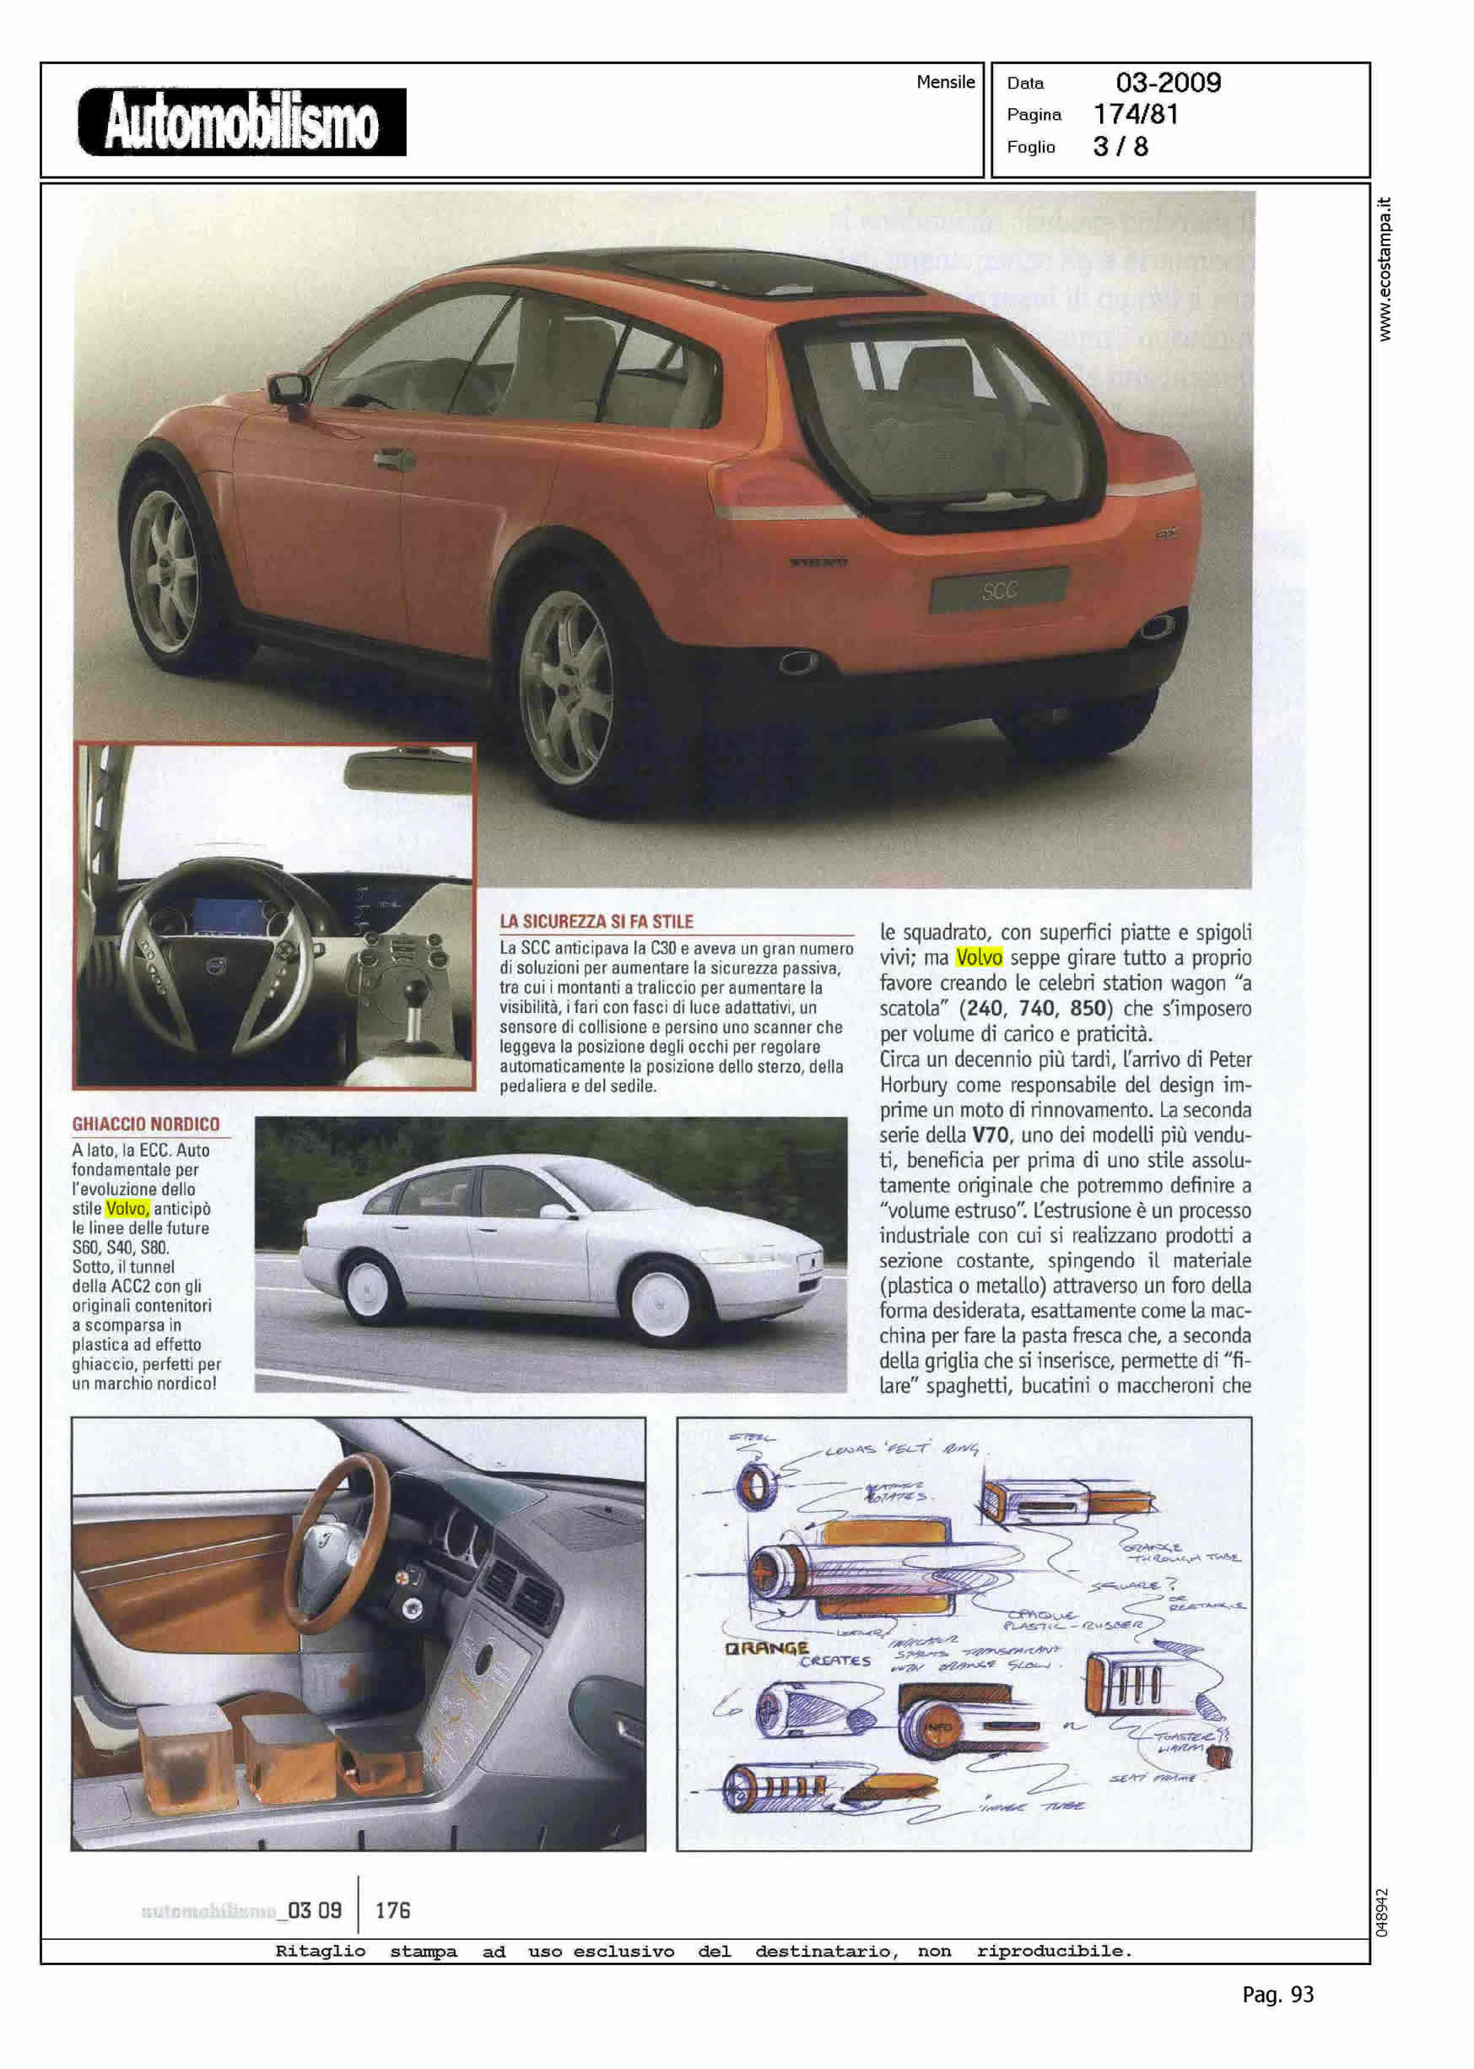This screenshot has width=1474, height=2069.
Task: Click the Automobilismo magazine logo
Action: pos(241,122)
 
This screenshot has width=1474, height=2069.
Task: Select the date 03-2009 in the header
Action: pos(1168,83)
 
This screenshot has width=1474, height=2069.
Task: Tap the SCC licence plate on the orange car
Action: pos(998,591)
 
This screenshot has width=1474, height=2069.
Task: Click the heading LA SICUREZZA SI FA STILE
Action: pos(597,922)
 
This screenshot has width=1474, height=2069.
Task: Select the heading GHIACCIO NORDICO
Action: pos(146,1124)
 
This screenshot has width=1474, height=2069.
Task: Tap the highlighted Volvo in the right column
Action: pos(979,958)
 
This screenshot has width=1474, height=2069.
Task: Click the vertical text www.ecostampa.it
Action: pos(1385,269)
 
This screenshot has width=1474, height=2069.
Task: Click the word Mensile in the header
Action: pos(945,82)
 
